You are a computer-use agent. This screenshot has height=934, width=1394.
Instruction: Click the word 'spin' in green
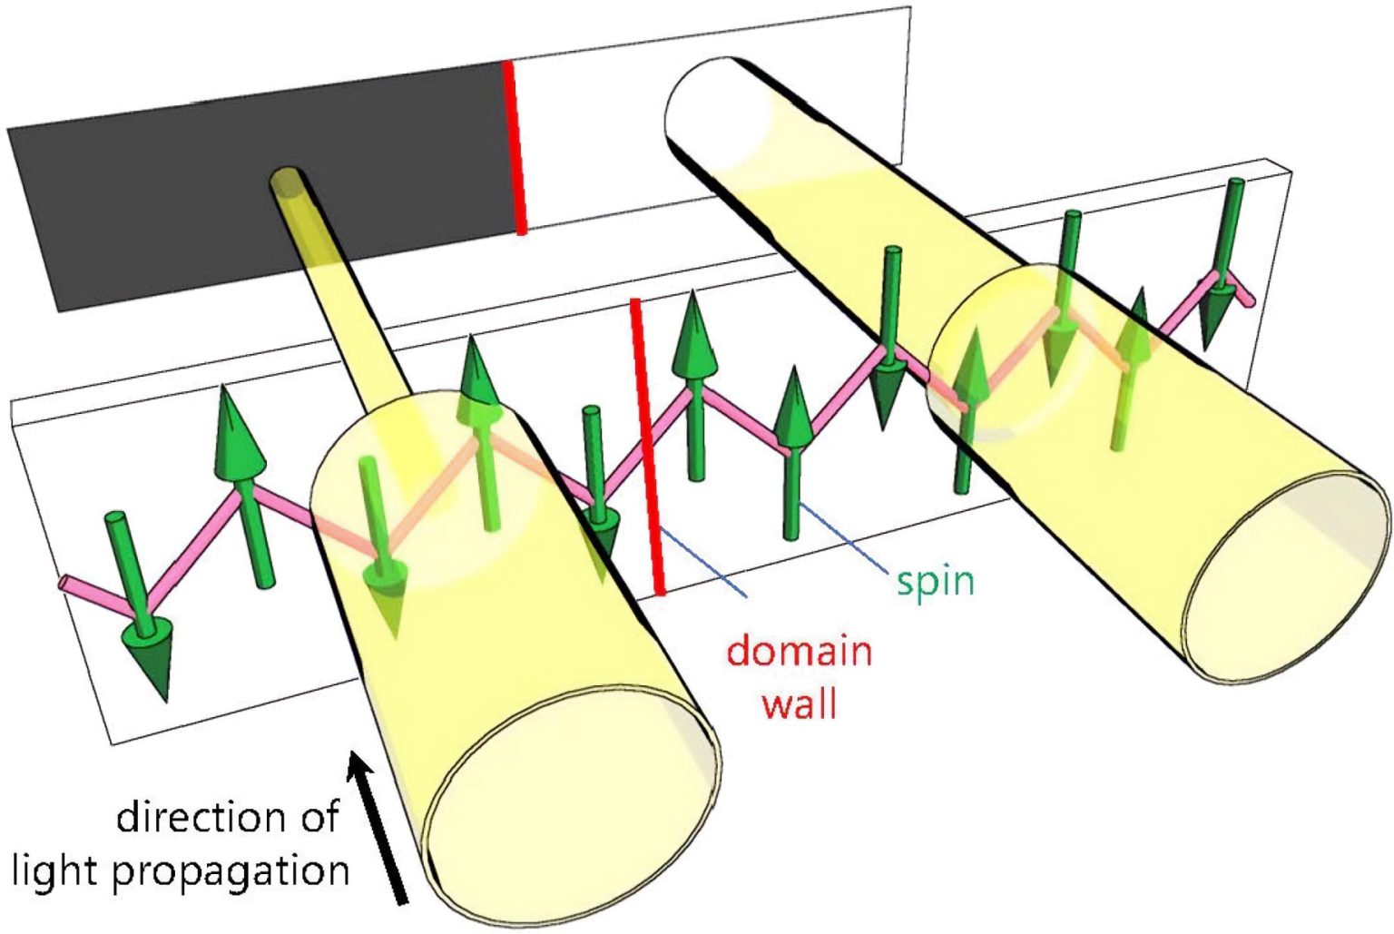(x=935, y=580)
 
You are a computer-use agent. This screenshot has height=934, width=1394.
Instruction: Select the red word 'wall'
(x=799, y=703)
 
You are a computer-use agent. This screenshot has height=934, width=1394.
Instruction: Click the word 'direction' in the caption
(x=227, y=816)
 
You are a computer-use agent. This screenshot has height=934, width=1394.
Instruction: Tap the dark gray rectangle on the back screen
(x=182, y=209)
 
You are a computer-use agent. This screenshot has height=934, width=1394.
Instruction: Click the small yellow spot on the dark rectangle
(x=288, y=180)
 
